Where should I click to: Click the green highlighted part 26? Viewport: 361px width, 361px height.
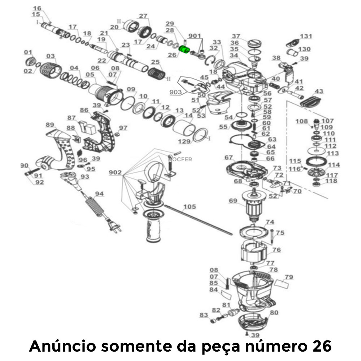[185, 52]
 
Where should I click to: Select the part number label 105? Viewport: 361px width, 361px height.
[189, 207]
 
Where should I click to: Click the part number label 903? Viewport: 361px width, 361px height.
[175, 92]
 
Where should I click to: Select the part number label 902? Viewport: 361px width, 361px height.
[116, 173]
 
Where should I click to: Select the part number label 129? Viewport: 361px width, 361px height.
[186, 142]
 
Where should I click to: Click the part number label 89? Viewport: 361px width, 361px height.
[50, 125]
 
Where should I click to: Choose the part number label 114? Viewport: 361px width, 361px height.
[334, 165]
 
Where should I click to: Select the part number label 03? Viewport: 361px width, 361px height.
[50, 56]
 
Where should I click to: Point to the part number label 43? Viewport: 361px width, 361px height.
[319, 91]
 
